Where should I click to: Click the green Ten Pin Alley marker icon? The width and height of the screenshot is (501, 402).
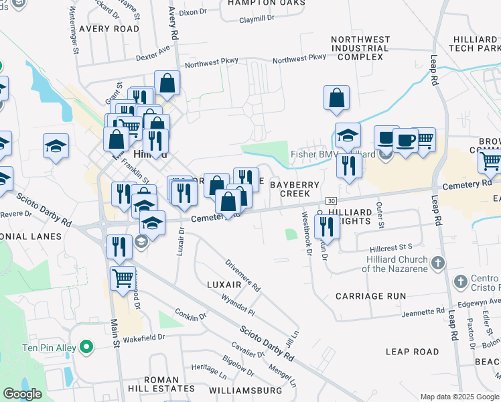pos(85,347)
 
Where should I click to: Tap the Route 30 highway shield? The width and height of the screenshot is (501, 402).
pos(330,201)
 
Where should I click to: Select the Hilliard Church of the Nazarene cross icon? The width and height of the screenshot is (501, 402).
pos(438,262)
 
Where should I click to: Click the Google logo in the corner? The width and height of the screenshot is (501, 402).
pos(23,394)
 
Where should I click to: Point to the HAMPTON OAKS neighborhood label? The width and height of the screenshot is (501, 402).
pos(266,3)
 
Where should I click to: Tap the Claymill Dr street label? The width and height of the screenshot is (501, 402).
pos(257,19)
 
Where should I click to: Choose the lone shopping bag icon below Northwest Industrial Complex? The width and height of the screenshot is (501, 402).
pos(336,98)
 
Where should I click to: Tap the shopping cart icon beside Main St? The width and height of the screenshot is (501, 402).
pos(123,278)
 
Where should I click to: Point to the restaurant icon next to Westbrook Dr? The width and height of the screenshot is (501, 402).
pos(328,226)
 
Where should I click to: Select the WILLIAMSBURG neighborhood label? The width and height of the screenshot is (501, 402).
pos(245,390)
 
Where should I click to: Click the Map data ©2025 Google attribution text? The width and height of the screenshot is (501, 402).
pos(459,397)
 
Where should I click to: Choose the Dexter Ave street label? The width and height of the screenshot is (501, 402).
pos(153,54)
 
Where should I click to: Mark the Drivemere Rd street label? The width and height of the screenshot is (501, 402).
pos(242,275)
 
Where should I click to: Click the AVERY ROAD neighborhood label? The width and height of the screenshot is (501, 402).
pos(109,29)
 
